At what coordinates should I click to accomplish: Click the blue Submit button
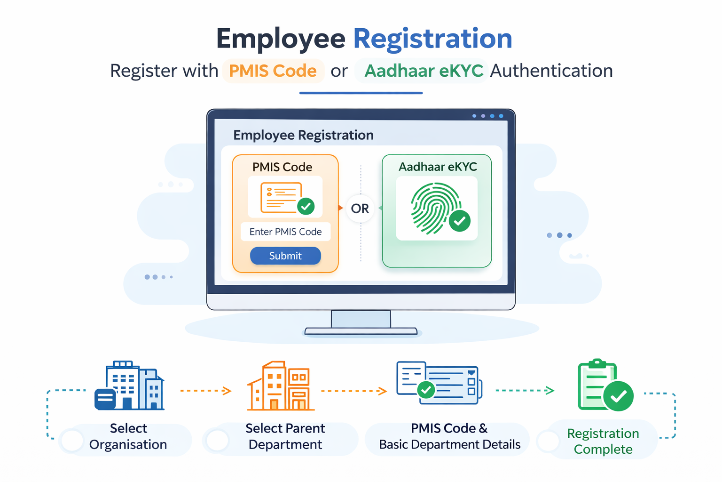tap(285, 256)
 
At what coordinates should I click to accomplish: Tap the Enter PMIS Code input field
tap(285, 232)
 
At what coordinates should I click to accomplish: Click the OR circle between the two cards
tap(360, 209)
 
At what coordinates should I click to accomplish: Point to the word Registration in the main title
tap(432, 39)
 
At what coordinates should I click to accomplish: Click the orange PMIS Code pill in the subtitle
tap(273, 71)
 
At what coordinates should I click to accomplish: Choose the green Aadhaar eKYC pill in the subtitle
tap(424, 71)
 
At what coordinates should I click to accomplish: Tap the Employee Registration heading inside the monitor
tap(303, 135)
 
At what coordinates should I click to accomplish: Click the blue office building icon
tap(130, 386)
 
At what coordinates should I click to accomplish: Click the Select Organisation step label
tap(128, 436)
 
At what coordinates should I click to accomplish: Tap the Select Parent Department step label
tap(285, 436)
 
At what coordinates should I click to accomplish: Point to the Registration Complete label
tap(603, 441)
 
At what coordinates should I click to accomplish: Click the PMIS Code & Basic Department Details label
tap(449, 436)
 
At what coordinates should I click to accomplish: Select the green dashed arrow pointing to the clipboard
tap(525, 390)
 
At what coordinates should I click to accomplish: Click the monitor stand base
tap(361, 331)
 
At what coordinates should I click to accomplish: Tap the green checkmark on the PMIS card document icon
tap(306, 206)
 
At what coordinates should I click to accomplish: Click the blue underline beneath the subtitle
tap(361, 93)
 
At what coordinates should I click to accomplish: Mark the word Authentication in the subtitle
tap(551, 71)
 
